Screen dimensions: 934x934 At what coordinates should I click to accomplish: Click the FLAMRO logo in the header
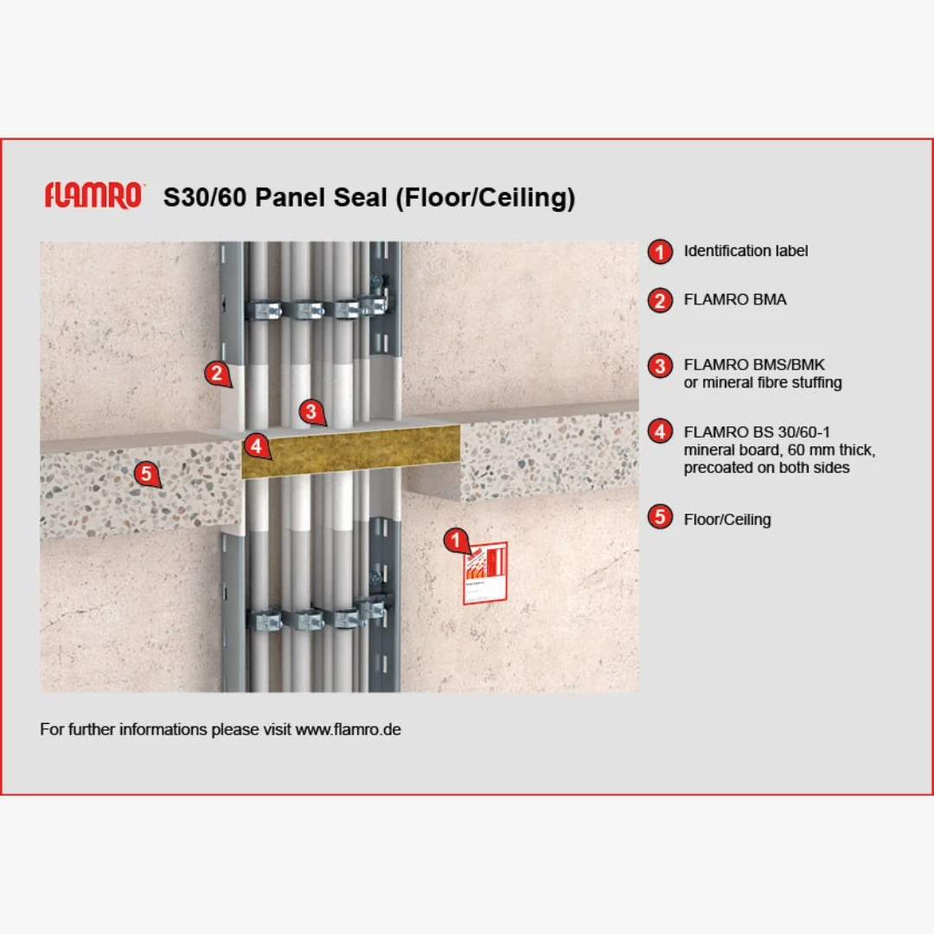pos(94,195)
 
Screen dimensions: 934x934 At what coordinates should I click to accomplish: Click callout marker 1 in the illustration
pos(457,541)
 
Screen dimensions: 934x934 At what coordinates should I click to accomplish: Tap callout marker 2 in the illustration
pos(217,374)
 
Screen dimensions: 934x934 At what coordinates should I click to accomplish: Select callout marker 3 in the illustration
pos(311,411)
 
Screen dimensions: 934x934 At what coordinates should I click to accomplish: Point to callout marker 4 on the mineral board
pos(256,445)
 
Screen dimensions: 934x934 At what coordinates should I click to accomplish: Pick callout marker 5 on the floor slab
pos(146,474)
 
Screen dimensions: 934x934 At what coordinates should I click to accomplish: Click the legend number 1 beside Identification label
pos(660,252)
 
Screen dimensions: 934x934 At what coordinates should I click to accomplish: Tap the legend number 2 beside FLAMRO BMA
pos(660,300)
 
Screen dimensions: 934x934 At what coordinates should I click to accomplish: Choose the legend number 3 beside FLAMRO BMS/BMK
pos(660,366)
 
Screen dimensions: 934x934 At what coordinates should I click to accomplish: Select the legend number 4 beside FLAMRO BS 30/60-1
pos(660,432)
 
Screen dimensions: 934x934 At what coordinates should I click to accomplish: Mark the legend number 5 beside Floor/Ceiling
pos(660,516)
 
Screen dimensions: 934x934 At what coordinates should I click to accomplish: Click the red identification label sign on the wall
pos(485,573)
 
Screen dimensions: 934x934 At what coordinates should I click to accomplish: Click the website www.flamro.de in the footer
pos(348,730)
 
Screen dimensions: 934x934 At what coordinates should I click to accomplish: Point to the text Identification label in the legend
pos(745,251)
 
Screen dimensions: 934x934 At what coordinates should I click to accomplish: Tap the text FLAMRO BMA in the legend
pos(735,299)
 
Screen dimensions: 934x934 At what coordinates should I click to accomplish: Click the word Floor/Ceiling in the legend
pos(727,520)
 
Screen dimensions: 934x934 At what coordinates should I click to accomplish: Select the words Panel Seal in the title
pos(321,197)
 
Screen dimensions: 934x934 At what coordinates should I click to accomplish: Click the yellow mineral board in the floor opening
pos(351,451)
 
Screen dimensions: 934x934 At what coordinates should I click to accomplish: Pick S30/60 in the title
pos(205,197)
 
